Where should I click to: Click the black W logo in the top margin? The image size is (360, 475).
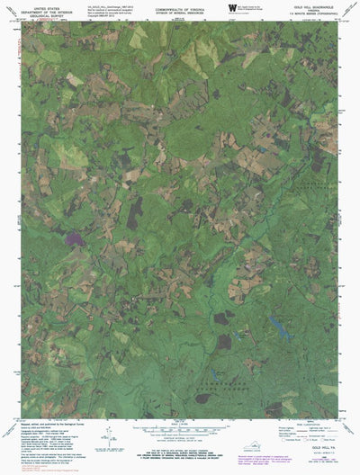232,7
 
